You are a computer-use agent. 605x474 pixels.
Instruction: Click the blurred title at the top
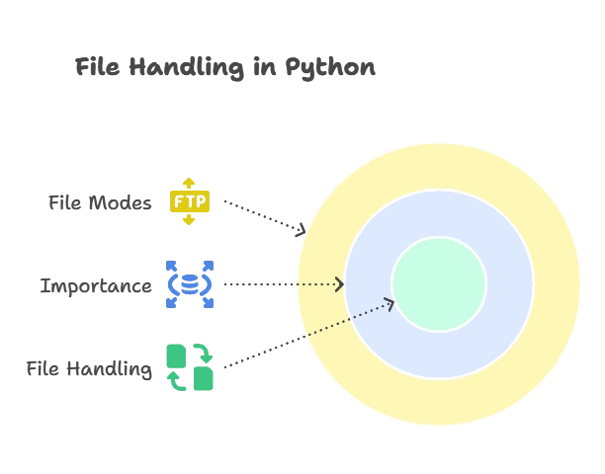coord(225,68)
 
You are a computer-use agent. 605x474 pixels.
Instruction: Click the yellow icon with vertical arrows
coord(189,201)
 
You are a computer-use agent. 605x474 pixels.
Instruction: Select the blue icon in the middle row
coord(189,284)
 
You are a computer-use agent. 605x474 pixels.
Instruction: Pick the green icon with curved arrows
coord(189,367)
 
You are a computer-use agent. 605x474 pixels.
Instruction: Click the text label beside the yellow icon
coord(103,202)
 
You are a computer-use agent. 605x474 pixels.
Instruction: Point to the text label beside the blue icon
coord(99,286)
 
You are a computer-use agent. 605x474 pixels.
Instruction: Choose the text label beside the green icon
coord(91,369)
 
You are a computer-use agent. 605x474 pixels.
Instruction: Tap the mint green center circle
coord(438,284)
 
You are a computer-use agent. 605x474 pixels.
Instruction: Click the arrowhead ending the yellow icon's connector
coord(303,228)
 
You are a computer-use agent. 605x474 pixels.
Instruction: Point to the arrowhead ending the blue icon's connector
coord(339,284)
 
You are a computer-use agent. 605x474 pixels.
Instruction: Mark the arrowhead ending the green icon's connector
coord(389,303)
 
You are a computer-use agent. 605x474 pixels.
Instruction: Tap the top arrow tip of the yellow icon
coord(189,180)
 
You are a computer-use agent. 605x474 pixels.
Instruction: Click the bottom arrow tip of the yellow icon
coord(189,223)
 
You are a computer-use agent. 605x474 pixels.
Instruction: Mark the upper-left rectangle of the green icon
coord(175,353)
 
